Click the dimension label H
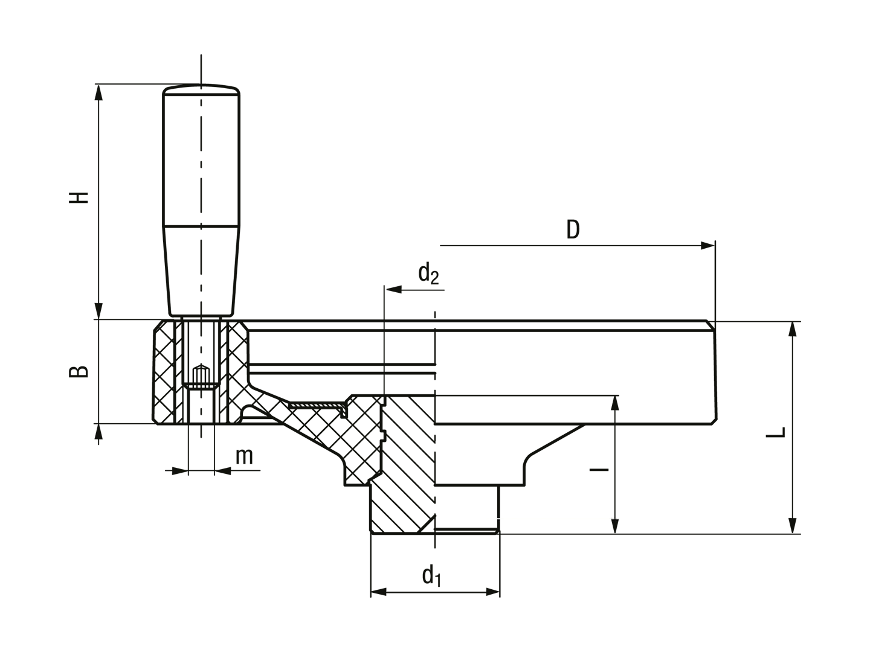pos(79,197)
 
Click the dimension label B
pos(79,371)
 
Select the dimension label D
pos(573,229)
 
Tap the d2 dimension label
pos(428,274)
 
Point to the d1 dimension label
pos(431,576)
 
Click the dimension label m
pos(244,457)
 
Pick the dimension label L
pos(776,432)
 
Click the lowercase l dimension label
pos(599,470)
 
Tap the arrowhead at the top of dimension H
pos(98,92)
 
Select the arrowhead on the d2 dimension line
pos(393,290)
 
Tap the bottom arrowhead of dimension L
pos(792,525)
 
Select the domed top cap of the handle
pos(201,89)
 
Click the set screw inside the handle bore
pos(201,377)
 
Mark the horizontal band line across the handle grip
pos(201,226)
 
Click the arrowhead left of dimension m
pos(180,471)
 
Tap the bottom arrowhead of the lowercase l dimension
pos(615,526)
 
